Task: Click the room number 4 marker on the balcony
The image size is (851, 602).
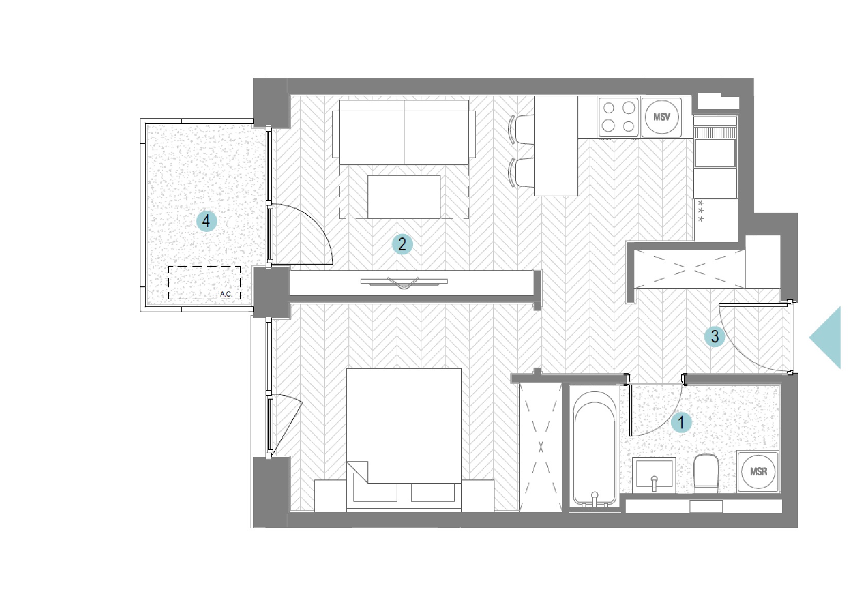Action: (206, 221)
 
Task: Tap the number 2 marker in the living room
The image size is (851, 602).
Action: (402, 244)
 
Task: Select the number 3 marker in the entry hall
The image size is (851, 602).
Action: (715, 337)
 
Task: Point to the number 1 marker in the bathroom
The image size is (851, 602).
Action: (681, 422)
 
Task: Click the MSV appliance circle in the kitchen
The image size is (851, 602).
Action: (662, 117)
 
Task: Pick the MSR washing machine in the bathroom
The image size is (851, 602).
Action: (758, 472)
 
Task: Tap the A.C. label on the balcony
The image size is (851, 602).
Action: (226, 294)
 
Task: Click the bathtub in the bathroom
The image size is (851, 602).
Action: (595, 449)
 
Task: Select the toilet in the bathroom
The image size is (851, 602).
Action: (706, 473)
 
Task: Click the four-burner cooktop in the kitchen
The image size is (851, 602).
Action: (618, 117)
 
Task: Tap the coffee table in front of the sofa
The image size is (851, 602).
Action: (404, 197)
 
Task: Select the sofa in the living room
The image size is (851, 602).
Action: (404, 132)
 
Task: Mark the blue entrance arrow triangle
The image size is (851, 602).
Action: (825, 338)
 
